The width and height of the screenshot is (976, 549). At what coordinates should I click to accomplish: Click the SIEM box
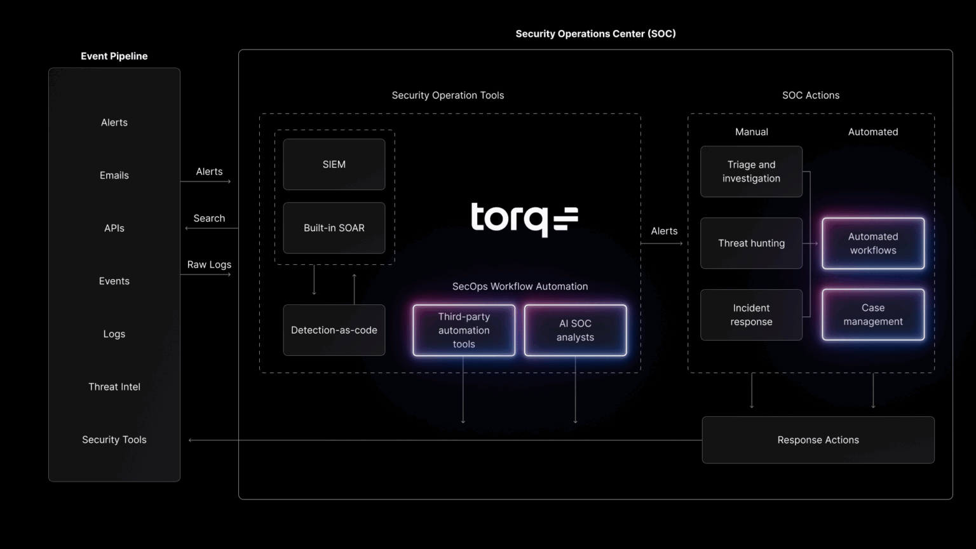coord(334,165)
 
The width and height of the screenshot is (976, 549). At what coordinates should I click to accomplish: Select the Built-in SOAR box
coord(334,228)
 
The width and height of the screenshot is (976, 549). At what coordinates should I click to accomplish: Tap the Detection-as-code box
coord(334,330)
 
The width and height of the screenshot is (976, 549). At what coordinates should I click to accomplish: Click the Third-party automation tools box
coord(464,330)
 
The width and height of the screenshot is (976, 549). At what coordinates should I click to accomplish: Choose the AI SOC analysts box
coord(575,330)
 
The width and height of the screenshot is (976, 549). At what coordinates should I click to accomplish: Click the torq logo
coord(524,219)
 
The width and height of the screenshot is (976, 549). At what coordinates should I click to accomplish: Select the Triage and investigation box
coord(751,172)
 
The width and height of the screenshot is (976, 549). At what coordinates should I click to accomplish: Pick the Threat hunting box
coord(751,243)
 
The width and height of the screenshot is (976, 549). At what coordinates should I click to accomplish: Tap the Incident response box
coord(751,315)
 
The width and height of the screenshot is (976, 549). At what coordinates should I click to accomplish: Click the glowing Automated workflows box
coord(873,243)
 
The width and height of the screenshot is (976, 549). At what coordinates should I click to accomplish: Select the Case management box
coord(873,315)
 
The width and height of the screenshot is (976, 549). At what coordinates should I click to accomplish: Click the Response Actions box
coord(818,440)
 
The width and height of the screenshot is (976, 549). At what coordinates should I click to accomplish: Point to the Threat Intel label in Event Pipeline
coord(114,387)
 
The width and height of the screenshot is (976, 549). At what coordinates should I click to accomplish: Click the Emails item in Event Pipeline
coord(114,175)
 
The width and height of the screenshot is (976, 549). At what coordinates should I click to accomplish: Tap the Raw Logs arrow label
coord(209,265)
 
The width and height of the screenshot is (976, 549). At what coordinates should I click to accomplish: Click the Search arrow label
coord(209,219)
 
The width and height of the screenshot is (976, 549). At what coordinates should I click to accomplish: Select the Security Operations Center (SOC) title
coord(595,34)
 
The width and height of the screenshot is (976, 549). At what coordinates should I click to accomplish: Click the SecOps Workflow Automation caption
coord(520,287)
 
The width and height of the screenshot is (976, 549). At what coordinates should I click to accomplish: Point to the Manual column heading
coord(751,132)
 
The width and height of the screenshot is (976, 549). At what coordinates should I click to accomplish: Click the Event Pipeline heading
coord(114,56)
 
